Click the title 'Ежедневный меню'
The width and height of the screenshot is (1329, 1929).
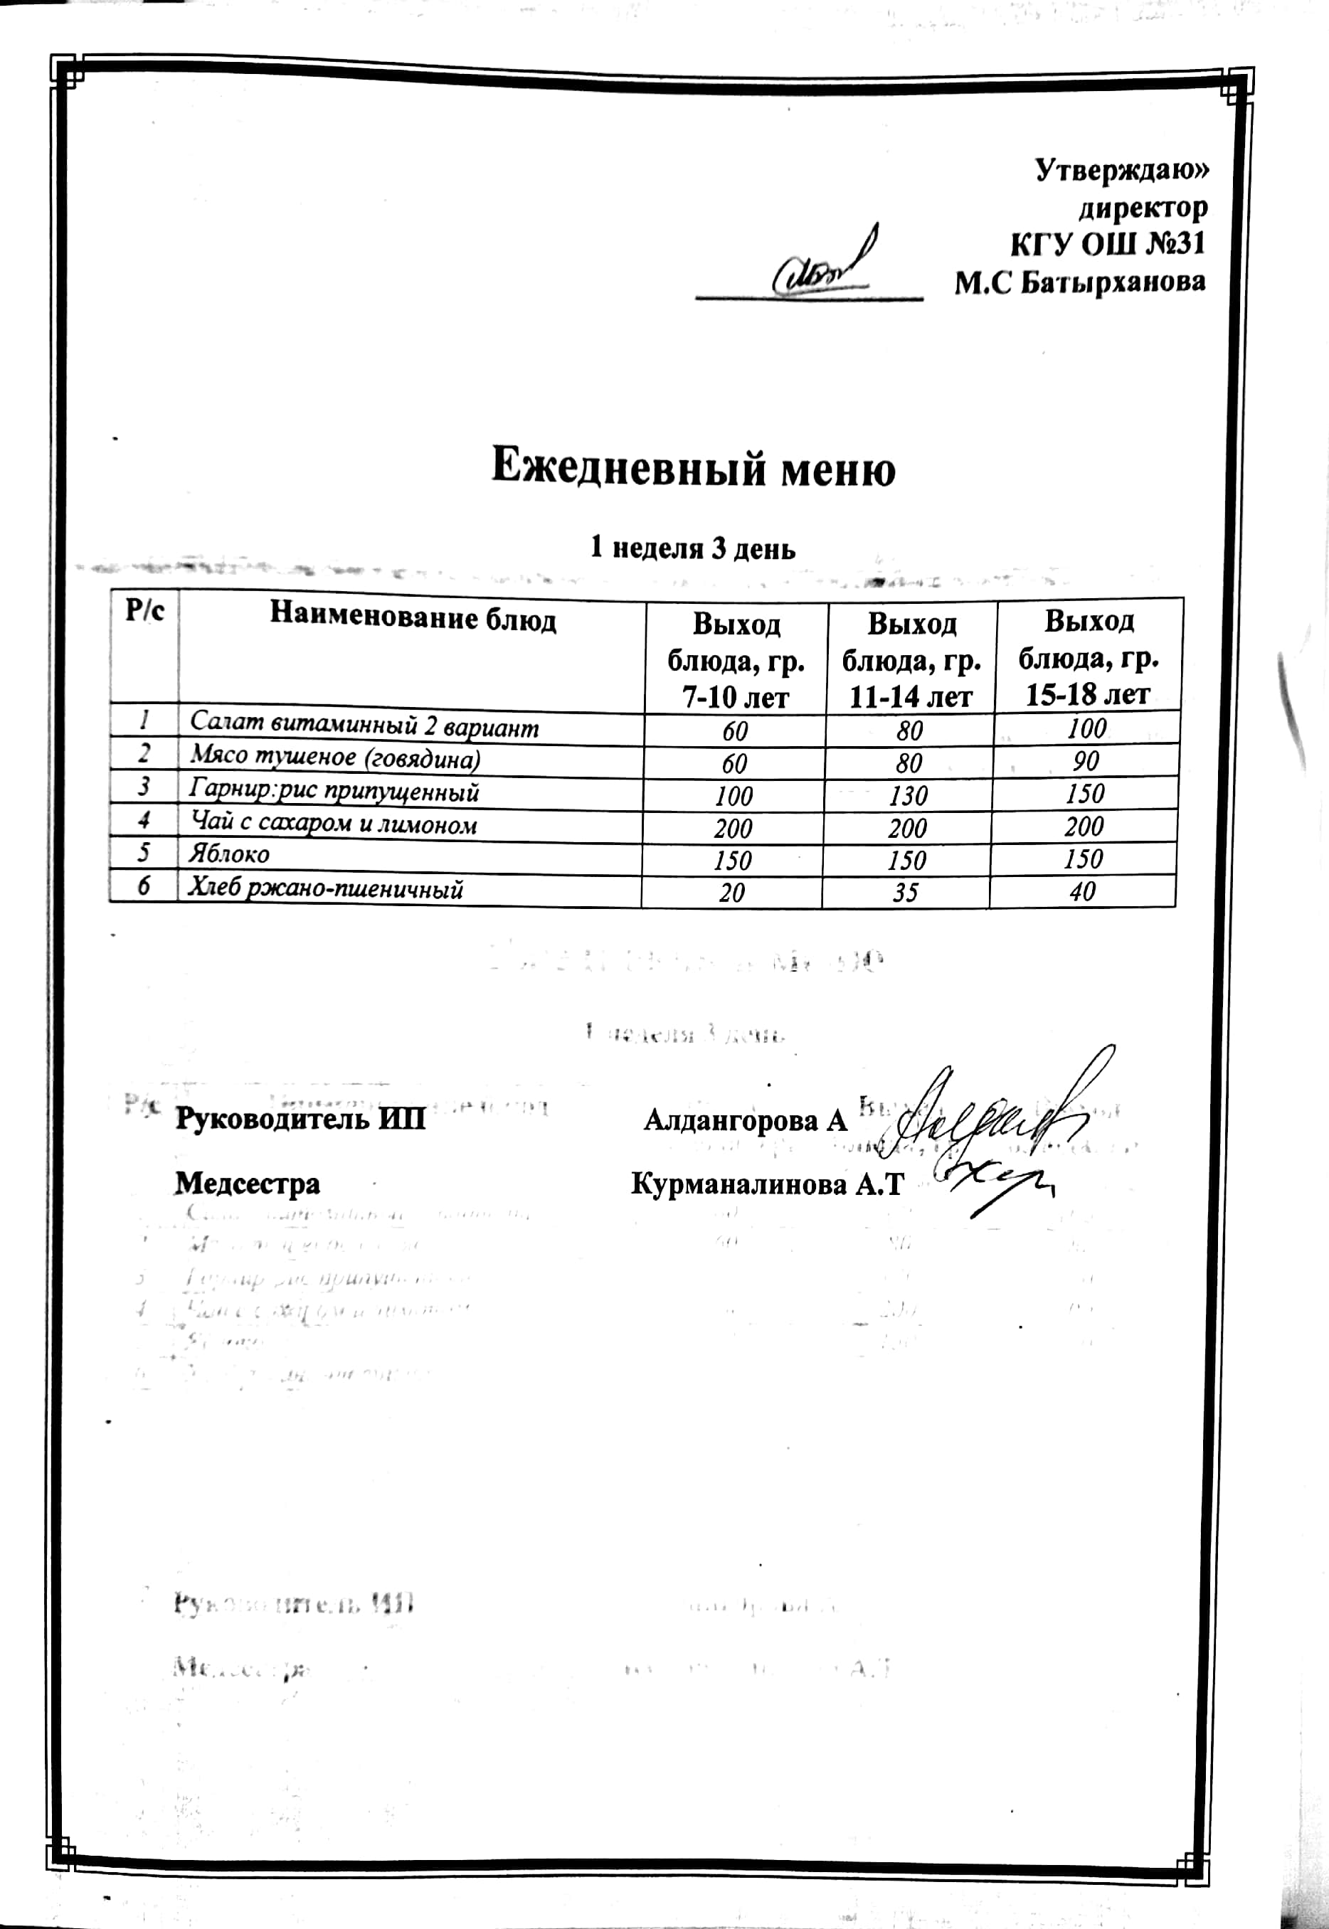point(693,469)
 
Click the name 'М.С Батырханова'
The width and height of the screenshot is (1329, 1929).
point(1079,283)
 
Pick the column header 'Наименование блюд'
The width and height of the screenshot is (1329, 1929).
point(412,619)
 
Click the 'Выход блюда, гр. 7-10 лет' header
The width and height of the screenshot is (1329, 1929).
point(736,660)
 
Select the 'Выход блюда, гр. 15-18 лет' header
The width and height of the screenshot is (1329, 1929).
point(1089,658)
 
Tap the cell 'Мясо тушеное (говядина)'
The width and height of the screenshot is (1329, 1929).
point(335,758)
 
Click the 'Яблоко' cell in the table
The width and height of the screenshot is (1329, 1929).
point(229,855)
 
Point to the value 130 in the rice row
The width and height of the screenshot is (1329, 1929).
point(908,796)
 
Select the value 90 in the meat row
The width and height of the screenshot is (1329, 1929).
point(1086,762)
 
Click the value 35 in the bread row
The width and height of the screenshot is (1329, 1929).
point(905,893)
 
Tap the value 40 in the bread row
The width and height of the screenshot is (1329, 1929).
point(1083,892)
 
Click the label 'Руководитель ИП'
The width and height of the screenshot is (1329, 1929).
point(300,1119)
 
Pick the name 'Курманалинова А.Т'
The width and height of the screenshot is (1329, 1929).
point(767,1184)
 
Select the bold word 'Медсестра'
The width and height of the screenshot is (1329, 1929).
point(248,1183)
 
